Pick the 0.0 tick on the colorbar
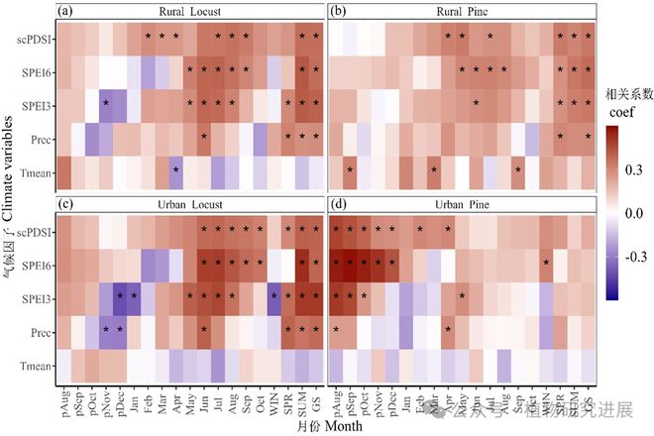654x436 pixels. (x=610, y=212)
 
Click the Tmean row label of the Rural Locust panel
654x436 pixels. (x=35, y=170)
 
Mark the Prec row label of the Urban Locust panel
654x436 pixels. (x=38, y=331)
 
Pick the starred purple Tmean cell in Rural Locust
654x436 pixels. (x=175, y=169)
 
